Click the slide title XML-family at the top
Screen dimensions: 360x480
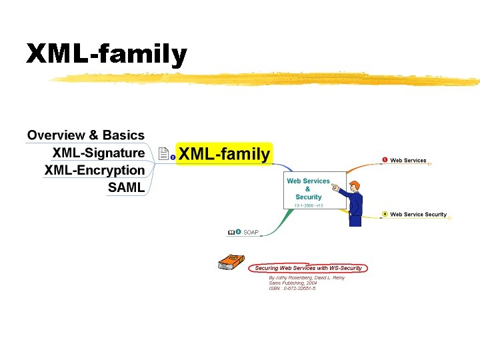107,54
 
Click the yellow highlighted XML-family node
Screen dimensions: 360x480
224,155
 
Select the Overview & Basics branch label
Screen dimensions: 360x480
86,135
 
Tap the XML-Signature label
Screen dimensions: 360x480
99,153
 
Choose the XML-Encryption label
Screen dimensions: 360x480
95,170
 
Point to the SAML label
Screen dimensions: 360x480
126,187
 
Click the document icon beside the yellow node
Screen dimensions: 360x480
163,155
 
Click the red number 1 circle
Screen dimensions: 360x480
385,160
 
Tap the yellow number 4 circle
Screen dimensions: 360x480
385,214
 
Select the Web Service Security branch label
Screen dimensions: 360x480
418,215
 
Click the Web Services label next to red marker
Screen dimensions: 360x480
408,161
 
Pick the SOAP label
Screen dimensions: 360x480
251,232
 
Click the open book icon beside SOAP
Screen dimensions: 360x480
231,232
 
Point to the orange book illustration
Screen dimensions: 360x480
231,261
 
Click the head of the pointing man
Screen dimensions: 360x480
354,185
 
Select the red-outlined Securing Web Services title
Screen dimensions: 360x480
308,268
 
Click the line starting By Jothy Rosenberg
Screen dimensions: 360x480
307,277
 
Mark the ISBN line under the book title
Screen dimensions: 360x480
292,289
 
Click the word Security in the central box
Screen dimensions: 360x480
308,197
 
